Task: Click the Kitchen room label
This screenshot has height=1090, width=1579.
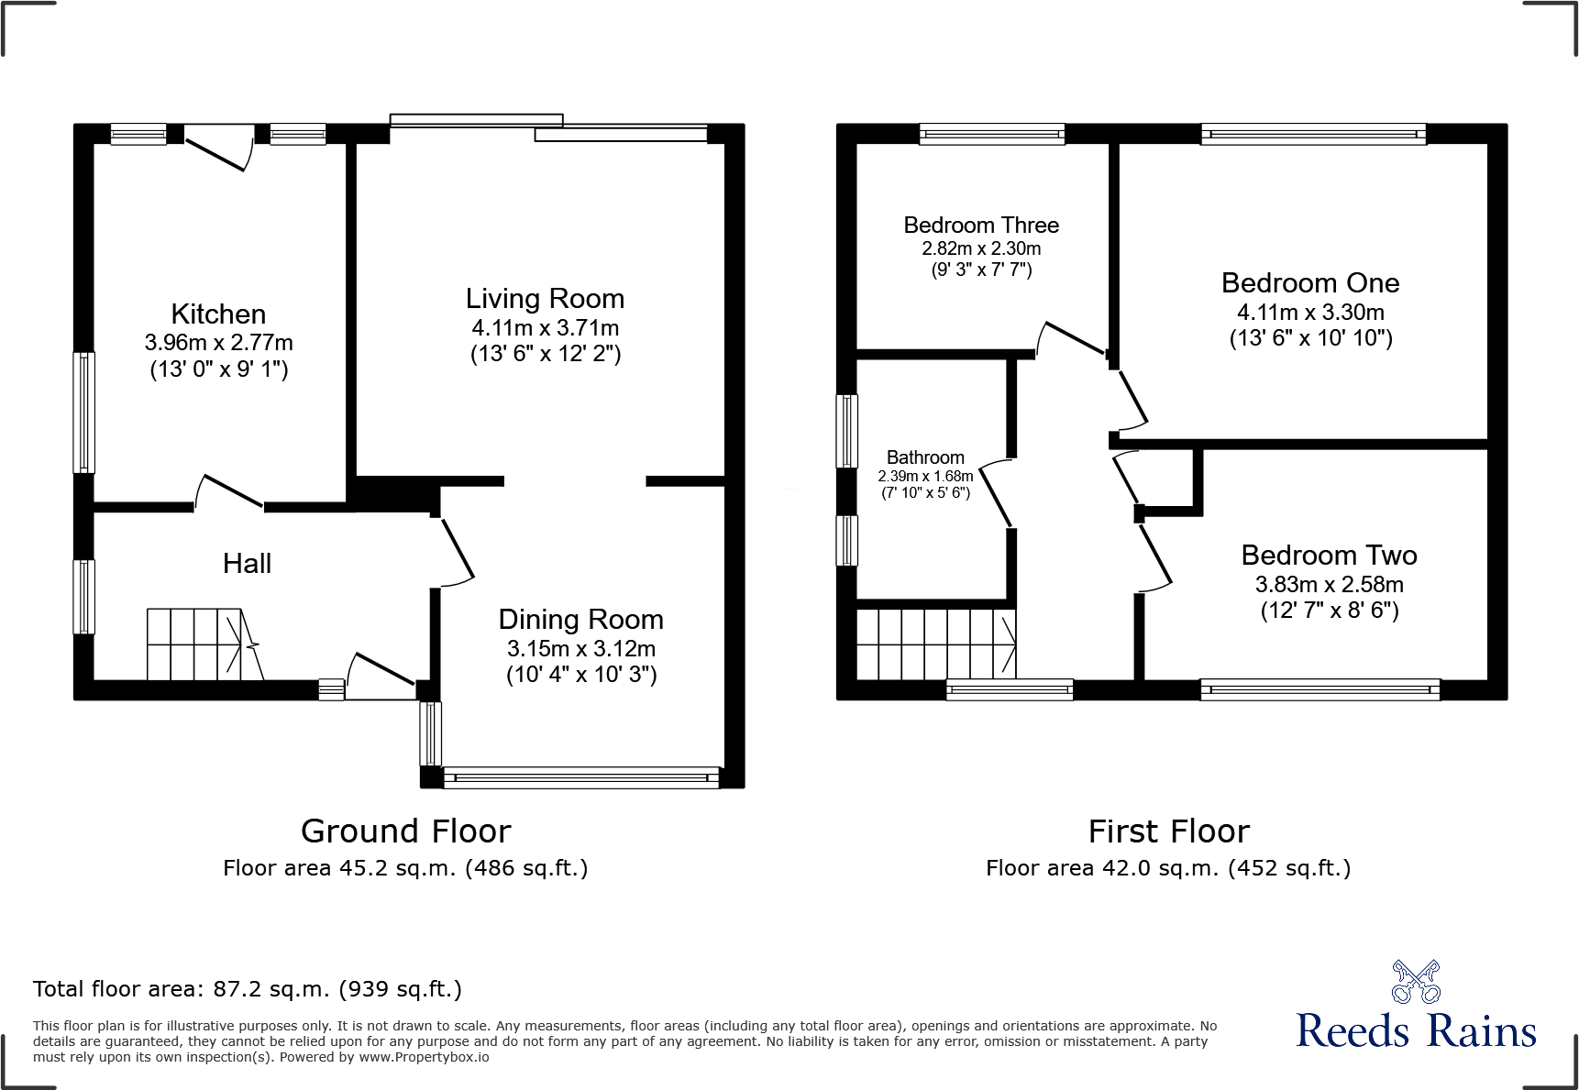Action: pyautogui.click(x=218, y=314)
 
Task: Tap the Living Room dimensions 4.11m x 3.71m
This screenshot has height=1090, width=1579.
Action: pyautogui.click(x=545, y=327)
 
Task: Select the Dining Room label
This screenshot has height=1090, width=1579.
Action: pyautogui.click(x=580, y=619)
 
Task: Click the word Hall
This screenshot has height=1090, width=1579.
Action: pyautogui.click(x=247, y=563)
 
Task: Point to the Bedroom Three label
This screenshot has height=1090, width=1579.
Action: pyautogui.click(x=980, y=225)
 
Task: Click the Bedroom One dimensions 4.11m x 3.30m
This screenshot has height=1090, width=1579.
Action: pyautogui.click(x=1309, y=312)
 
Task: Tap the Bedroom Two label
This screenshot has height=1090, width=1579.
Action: pyautogui.click(x=1328, y=555)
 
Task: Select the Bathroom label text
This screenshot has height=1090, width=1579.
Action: pyautogui.click(x=924, y=457)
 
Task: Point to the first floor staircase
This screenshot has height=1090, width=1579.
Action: pyautogui.click(x=935, y=644)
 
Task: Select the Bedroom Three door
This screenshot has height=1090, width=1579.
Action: pyautogui.click(x=1071, y=338)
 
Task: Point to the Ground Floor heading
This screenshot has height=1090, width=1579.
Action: pyautogui.click(x=405, y=831)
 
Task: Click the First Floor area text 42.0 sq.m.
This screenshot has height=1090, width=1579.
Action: pyautogui.click(x=1167, y=867)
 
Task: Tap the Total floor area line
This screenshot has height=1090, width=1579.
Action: pyautogui.click(x=248, y=988)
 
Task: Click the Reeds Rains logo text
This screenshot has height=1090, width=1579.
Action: pyautogui.click(x=1415, y=1029)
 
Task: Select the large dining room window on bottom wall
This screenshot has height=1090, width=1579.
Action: pyautogui.click(x=580, y=777)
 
